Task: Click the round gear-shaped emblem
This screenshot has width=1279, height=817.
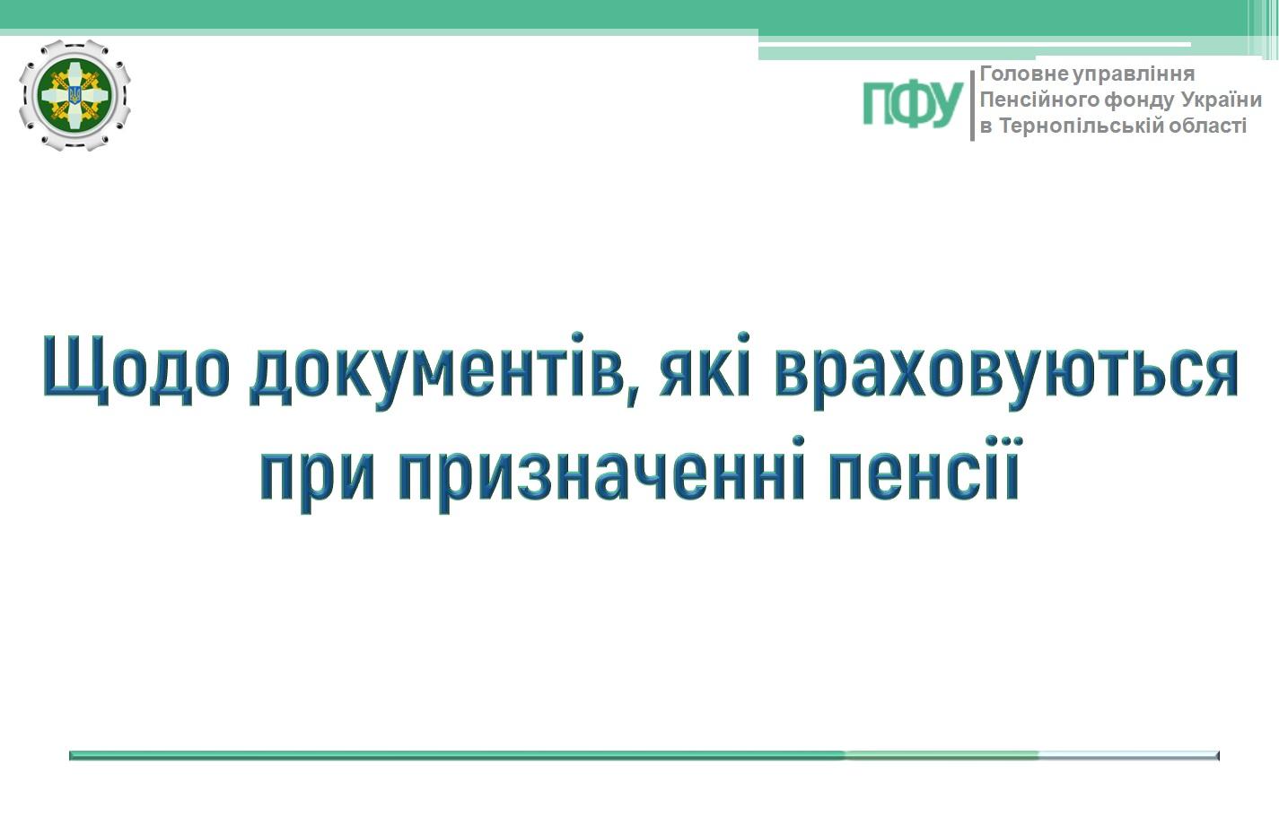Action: pyautogui.click(x=74, y=95)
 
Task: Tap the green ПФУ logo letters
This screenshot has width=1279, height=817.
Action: pyautogui.click(x=913, y=103)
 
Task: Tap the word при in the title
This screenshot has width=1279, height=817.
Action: pyautogui.click(x=317, y=475)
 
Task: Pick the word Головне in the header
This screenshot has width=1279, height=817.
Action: pyautogui.click(x=1024, y=74)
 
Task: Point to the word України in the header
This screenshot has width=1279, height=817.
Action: pyautogui.click(x=1222, y=100)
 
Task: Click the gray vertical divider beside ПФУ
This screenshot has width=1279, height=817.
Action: pyautogui.click(x=972, y=106)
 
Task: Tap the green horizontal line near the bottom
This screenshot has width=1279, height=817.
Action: pyautogui.click(x=644, y=755)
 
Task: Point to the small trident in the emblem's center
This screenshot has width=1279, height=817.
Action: pyautogui.click(x=74, y=95)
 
